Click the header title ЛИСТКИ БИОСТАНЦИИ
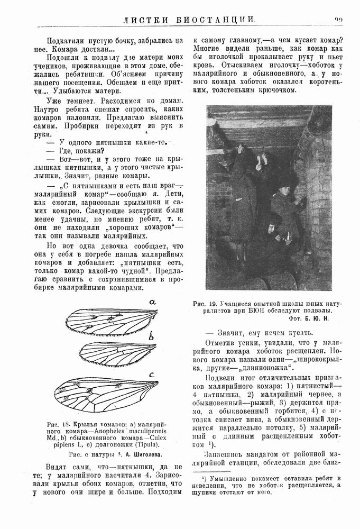[189, 20]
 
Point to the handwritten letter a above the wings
[153, 302]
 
